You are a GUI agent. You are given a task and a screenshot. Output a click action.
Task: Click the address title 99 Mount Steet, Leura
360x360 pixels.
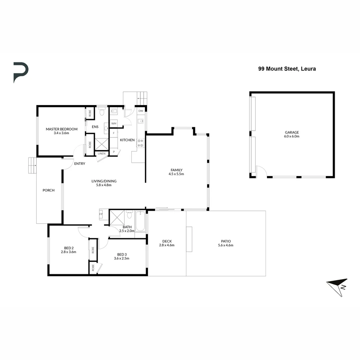coord(287,69)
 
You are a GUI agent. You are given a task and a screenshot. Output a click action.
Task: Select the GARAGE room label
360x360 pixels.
coord(292,132)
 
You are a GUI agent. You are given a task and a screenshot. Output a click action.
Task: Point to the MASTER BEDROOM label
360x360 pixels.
coord(62,129)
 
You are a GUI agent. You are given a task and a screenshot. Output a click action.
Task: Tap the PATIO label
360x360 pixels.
coord(226,241)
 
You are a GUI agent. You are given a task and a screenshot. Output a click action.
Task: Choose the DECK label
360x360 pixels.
coord(167,241)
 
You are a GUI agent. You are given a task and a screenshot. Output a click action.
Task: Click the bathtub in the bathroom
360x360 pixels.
coord(140,221)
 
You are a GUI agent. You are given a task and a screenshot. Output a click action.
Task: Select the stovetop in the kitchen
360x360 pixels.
coord(140,143)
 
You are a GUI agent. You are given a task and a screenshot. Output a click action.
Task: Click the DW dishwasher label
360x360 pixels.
coord(141,111)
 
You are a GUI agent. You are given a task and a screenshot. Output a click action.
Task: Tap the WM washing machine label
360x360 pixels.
coord(114,124)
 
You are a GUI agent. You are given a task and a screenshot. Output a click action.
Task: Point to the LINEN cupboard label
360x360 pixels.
coord(102,153)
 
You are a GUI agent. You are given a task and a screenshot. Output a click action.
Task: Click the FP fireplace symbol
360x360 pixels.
coord(101,214)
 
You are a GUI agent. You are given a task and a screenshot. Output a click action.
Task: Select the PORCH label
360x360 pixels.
coord(48,190)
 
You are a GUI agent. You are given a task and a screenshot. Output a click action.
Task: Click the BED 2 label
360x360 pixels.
coord(68,248)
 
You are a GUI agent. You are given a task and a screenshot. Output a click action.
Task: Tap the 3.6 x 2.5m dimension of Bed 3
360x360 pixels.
coord(121,258)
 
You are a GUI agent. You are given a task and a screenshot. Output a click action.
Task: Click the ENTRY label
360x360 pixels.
coord(80,164)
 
